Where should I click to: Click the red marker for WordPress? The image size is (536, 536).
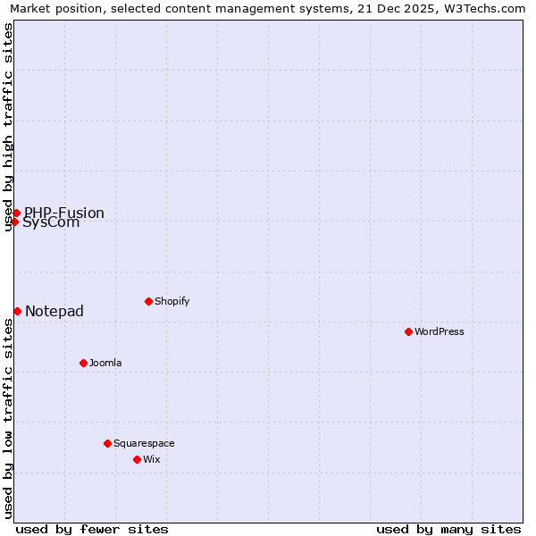click(408, 331)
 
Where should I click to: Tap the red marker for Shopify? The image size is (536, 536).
click(148, 301)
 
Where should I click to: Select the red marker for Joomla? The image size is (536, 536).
click(83, 363)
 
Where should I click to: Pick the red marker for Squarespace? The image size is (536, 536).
click(107, 443)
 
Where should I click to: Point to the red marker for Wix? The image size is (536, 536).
click(137, 459)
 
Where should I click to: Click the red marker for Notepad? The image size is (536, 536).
click(17, 311)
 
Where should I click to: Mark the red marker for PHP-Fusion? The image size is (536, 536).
click(16, 213)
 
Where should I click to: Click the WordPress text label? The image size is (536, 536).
click(440, 331)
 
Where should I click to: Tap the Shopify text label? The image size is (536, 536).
click(172, 301)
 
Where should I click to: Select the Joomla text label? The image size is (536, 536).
click(105, 363)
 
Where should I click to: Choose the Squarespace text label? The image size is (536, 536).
click(144, 443)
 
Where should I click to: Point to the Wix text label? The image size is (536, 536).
click(152, 459)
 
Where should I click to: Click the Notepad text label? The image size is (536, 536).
click(54, 311)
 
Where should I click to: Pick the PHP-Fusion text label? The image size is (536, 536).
click(64, 213)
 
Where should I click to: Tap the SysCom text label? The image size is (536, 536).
click(51, 223)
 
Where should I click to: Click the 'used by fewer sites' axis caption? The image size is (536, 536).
click(92, 529)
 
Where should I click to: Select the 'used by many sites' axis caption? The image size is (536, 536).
click(448, 529)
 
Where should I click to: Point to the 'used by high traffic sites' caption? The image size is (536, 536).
click(8, 127)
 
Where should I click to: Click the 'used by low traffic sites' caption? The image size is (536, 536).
click(8, 418)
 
